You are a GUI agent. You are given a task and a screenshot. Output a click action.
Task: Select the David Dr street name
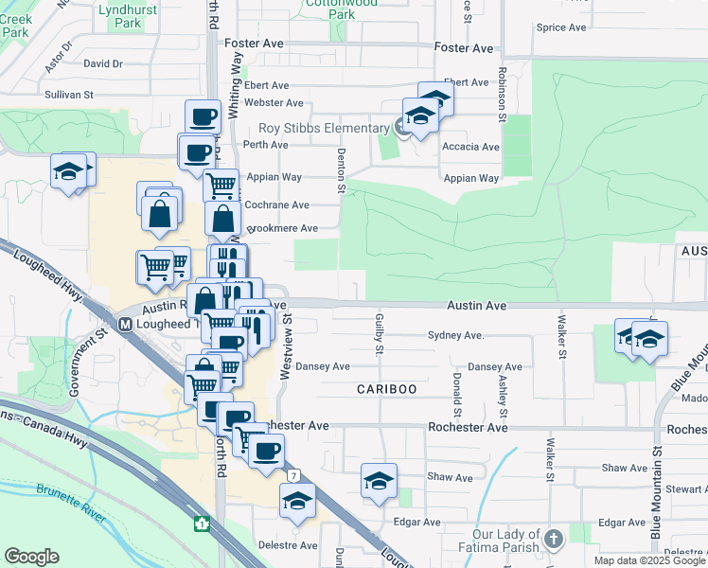(103, 64)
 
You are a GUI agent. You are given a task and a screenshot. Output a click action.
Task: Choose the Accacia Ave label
(470, 147)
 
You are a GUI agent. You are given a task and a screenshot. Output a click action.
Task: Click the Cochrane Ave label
(276, 204)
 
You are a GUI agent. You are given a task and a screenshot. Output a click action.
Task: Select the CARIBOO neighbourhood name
(386, 390)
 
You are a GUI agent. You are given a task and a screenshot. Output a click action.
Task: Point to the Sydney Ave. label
(456, 336)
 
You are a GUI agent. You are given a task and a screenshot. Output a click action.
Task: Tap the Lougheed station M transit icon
(125, 324)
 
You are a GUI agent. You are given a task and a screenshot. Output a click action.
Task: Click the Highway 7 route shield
(295, 474)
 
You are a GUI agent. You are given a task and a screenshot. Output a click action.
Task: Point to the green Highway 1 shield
(202, 522)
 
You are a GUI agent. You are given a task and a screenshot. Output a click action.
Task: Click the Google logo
(32, 557)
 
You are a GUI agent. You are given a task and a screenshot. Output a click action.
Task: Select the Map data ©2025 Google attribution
(649, 560)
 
